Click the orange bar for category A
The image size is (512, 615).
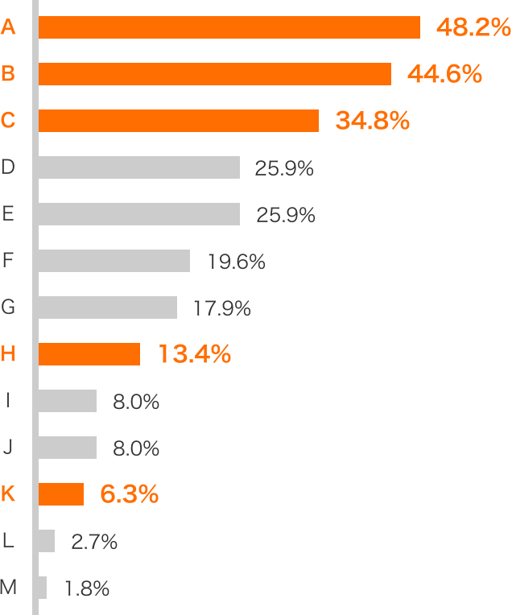(x=229, y=27)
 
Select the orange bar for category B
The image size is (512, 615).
(x=215, y=74)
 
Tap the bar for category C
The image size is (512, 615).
(x=179, y=121)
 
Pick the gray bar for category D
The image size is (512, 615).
(x=139, y=167)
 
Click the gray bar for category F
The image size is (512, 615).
(x=114, y=261)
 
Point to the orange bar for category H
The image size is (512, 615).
(x=89, y=354)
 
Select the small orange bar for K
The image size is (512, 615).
(x=61, y=494)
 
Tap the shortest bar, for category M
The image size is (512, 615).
(x=43, y=588)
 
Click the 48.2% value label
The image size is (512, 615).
(x=473, y=28)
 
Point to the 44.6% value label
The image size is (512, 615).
(x=444, y=75)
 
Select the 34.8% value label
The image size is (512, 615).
(x=373, y=122)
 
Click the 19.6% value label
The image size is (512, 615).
(x=236, y=262)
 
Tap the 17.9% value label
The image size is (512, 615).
(x=222, y=308)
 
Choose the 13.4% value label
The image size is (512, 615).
(x=194, y=354)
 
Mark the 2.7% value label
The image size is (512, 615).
(x=94, y=542)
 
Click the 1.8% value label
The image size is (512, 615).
(x=86, y=588)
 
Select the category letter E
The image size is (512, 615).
(x=8, y=213)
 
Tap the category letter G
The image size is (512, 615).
(x=8, y=307)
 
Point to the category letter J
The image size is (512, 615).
(x=8, y=447)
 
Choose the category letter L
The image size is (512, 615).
(x=8, y=540)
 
